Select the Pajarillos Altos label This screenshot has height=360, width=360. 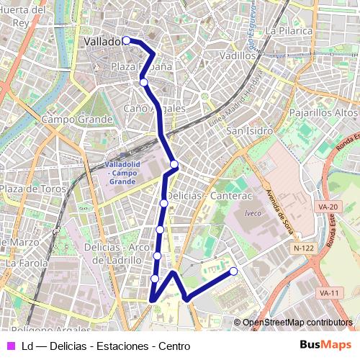click(323, 113)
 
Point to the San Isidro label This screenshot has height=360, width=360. click(249, 131)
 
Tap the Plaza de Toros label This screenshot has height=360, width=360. click(32, 189)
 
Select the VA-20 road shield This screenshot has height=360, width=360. click(328, 207)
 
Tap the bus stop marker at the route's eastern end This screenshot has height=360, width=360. click(233, 271)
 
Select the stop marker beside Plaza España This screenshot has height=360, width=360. click(144, 83)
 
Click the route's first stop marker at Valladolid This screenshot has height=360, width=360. click(126, 40)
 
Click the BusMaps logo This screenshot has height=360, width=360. click(326, 346)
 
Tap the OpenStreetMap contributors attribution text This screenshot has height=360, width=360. click(297, 323)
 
